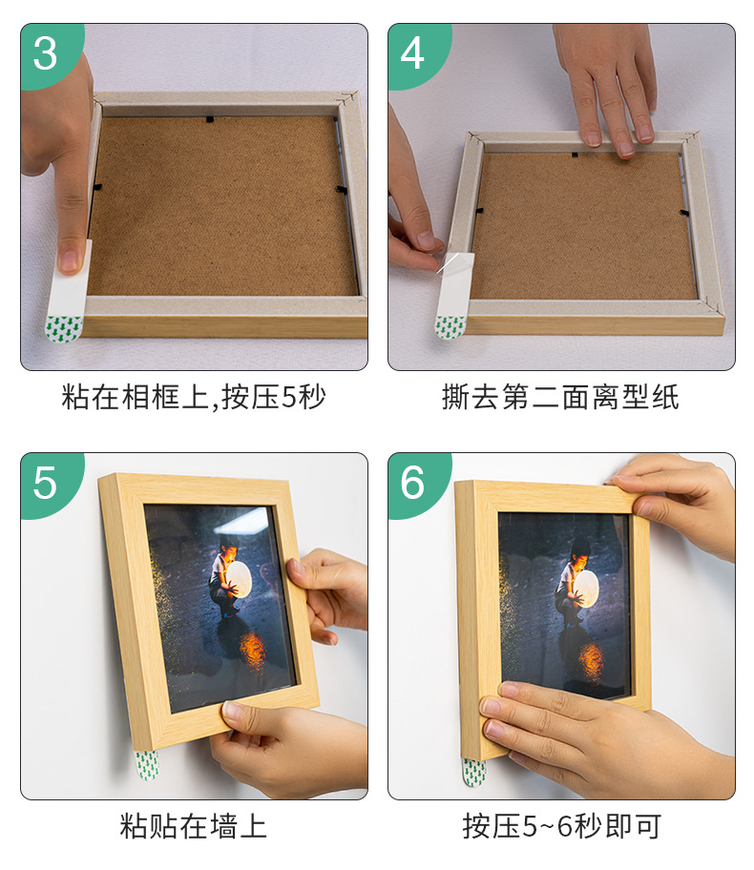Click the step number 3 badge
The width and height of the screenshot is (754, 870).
pyautogui.click(x=46, y=53)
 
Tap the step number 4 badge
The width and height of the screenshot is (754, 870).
pyautogui.click(x=412, y=53)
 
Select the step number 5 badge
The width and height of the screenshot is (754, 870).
pyautogui.click(x=46, y=483)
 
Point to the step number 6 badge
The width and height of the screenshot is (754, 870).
pyautogui.click(x=412, y=483)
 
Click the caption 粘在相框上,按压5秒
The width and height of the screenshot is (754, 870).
pyautogui.click(x=194, y=397)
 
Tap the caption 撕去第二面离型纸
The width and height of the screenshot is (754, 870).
pyautogui.click(x=560, y=397)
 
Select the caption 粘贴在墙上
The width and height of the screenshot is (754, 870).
pyautogui.click(x=194, y=825)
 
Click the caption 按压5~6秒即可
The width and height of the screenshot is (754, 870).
pyautogui.click(x=560, y=825)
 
